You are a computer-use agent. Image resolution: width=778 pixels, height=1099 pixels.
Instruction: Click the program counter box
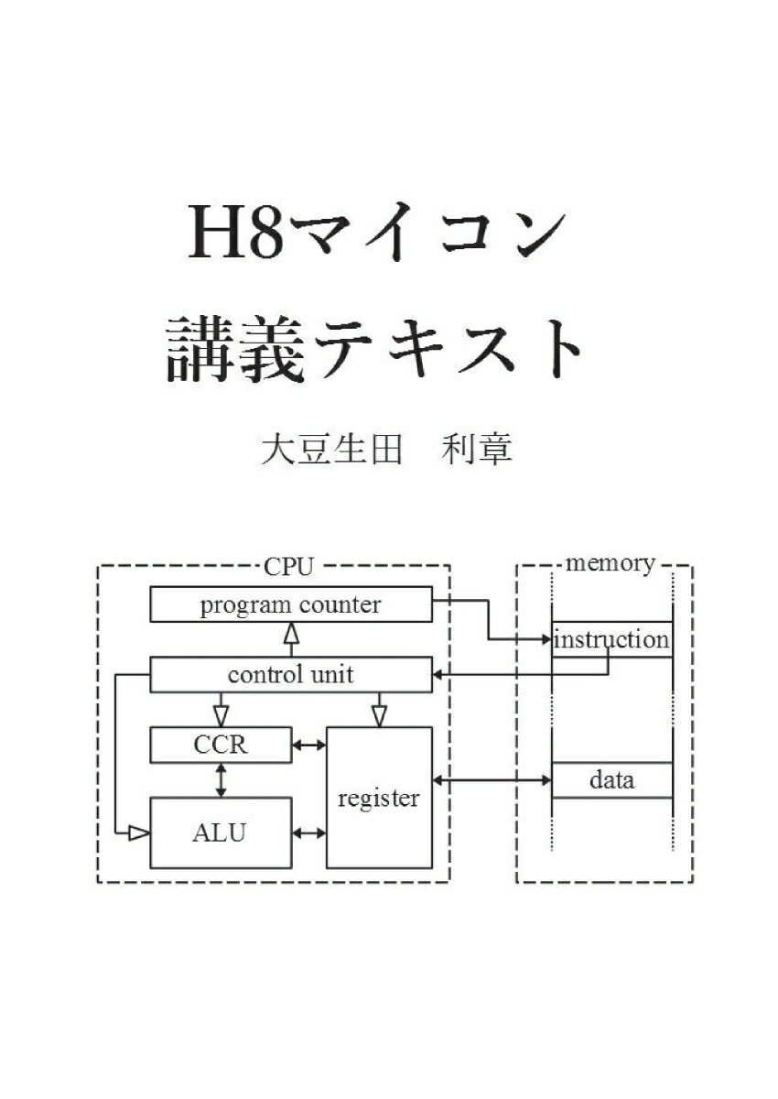point(291,604)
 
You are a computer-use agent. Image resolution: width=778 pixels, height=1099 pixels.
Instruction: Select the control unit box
point(291,675)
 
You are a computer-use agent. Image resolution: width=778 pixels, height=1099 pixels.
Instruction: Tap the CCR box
point(221,745)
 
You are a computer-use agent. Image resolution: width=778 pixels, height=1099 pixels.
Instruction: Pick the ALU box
point(221,832)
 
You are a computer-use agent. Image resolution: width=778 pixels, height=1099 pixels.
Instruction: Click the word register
point(378,799)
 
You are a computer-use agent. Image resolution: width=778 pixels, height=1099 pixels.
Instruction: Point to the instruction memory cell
point(611,640)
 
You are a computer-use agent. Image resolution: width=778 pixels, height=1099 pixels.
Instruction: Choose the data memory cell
point(611,780)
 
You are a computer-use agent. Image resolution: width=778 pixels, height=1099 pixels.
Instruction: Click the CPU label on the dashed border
point(288,567)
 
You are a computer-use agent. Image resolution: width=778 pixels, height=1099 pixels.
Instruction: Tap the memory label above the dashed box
point(611,564)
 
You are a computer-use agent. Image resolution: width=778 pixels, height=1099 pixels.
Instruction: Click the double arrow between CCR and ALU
point(222,780)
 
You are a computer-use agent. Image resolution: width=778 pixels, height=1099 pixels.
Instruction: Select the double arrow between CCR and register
point(309,745)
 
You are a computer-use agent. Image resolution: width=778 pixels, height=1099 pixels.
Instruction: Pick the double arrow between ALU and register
point(309,832)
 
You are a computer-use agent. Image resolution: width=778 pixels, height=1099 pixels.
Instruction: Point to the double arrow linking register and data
point(492,780)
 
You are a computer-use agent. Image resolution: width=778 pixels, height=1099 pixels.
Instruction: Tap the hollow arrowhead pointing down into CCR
point(222,716)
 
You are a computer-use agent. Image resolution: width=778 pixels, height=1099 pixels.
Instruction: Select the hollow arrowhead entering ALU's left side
point(139,832)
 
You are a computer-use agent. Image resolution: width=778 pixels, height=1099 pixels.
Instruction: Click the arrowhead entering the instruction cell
point(547,640)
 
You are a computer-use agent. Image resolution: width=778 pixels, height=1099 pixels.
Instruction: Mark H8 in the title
point(236,232)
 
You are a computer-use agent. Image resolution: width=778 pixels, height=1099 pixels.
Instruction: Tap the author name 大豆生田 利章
point(387,450)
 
